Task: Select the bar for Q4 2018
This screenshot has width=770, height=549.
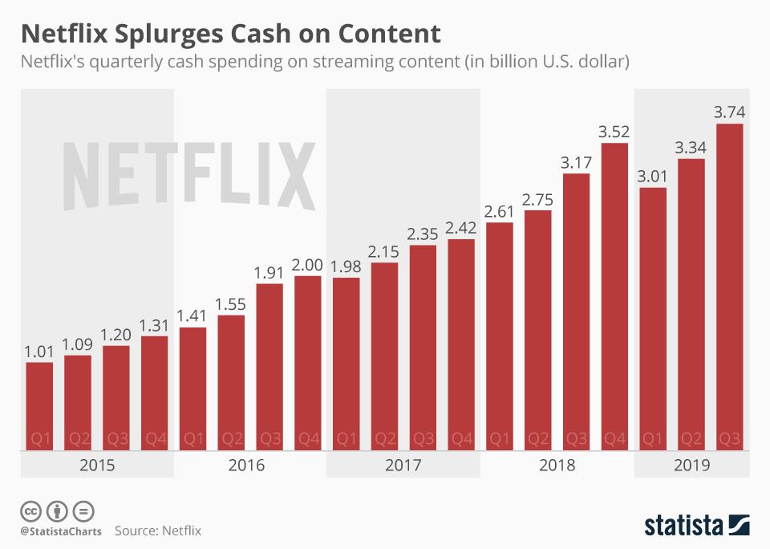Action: point(614,297)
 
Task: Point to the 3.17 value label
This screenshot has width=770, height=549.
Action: point(576,163)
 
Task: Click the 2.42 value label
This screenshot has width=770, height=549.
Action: point(461,229)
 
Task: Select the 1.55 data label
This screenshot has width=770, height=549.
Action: point(231,305)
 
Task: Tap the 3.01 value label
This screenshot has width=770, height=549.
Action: point(653,177)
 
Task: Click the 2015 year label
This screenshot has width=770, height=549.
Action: point(97,465)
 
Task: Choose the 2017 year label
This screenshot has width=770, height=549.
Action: point(403,465)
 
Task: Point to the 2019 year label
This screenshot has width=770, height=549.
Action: point(691,465)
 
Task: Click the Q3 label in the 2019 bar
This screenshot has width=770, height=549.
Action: point(729,439)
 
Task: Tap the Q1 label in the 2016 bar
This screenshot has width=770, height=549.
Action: point(192,439)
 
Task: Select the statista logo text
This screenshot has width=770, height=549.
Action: point(684,526)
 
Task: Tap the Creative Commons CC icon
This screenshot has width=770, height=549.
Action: point(31,511)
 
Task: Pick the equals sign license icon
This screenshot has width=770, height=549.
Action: point(83,511)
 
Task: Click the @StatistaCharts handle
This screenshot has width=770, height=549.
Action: point(61,531)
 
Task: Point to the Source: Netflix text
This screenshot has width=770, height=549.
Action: point(158,531)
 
